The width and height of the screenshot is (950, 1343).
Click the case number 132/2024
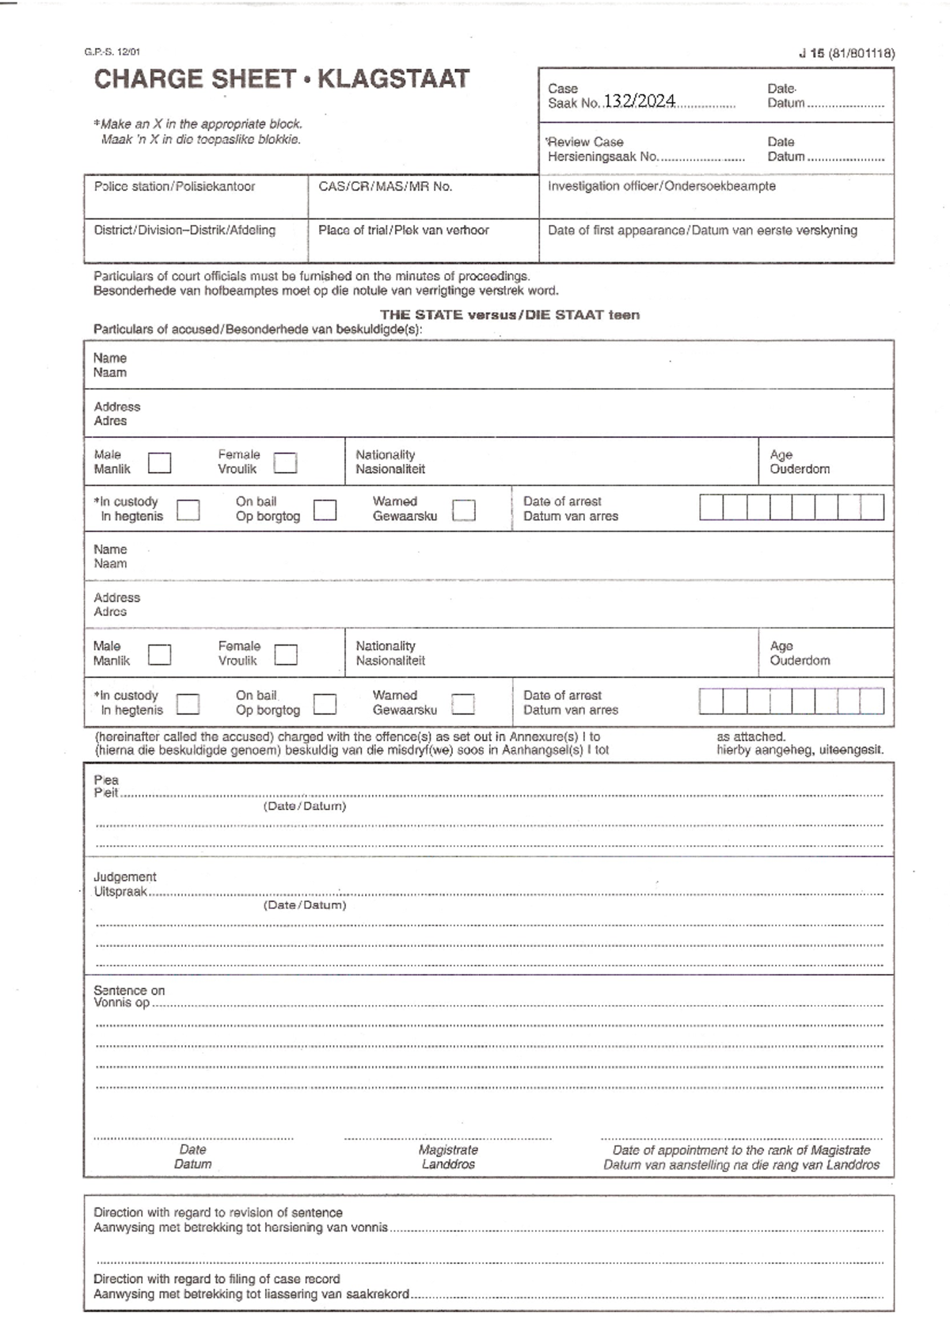640,101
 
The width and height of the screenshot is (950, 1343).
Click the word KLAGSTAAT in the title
393,79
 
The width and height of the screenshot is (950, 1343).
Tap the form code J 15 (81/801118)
846,54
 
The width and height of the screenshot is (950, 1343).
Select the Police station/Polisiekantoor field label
174,187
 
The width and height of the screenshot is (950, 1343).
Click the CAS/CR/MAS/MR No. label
385,187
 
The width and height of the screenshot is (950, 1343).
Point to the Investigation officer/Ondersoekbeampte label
661,186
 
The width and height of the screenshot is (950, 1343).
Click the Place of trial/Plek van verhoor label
403,230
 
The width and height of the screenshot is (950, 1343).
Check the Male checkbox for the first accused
159,462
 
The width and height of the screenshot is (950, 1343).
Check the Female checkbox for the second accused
285,655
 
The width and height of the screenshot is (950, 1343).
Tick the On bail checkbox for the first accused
325,510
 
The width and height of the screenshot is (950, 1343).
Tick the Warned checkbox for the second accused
463,703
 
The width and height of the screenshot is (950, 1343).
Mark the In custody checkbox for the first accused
188,510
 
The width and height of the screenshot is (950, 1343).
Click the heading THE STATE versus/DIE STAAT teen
510,315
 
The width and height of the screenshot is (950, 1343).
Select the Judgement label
125,877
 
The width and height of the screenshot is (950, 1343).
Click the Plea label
106,780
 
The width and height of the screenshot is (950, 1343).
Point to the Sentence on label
129,991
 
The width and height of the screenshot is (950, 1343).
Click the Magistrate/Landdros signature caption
448,1157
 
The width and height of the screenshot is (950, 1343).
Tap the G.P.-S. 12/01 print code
112,52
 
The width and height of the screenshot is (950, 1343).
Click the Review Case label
585,143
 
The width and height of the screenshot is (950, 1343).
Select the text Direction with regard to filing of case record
216,1279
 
